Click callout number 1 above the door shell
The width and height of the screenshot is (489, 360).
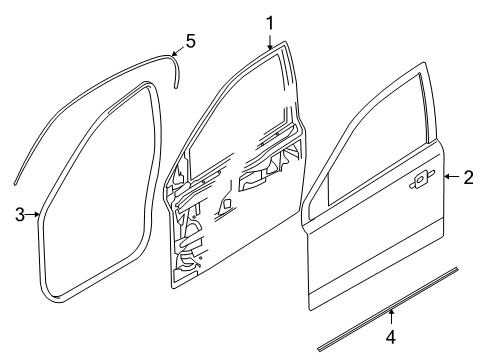click(x=269, y=21)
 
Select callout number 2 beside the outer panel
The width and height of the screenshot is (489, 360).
click(x=468, y=177)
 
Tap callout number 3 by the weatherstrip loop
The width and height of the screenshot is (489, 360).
click(x=19, y=213)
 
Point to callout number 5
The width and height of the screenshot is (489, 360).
click(x=191, y=43)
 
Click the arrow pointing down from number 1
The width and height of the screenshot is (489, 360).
click(x=269, y=40)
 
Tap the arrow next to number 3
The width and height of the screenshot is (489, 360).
click(x=33, y=213)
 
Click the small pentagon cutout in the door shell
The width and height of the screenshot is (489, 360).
click(x=229, y=204)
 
